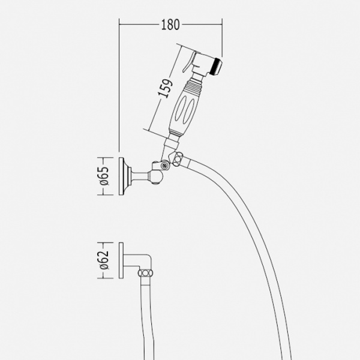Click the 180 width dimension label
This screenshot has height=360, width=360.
[x=170, y=25]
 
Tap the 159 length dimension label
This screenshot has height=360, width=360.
[x=165, y=88]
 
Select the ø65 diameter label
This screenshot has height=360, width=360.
[x=104, y=176]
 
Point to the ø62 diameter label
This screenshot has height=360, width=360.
[x=104, y=260]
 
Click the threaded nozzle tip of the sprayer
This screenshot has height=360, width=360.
[x=217, y=66]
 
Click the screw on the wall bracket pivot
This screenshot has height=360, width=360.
[x=164, y=166]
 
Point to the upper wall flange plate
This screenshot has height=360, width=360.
[x=121, y=176]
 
